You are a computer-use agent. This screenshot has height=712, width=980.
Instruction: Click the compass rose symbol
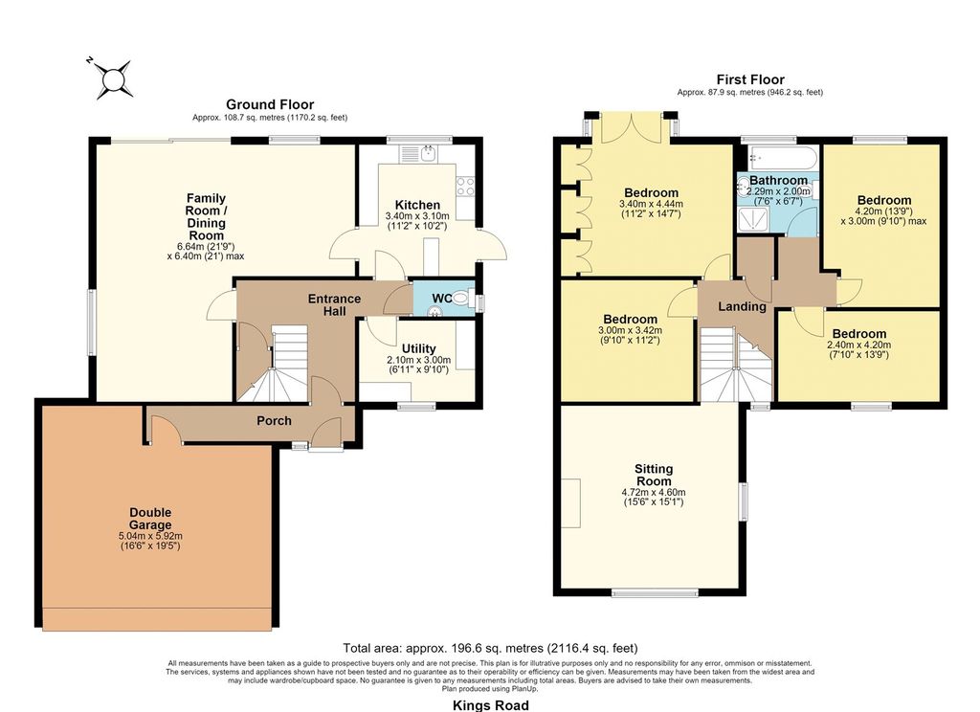tap(115, 79)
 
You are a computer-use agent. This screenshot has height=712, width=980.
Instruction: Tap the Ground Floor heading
tap(270, 104)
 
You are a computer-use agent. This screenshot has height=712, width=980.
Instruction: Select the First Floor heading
tap(750, 79)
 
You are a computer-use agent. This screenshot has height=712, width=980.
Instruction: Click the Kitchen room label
tap(417, 205)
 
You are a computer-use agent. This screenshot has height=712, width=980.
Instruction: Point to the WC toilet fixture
tap(460, 299)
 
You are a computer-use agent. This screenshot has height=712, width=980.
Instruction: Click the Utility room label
tap(419, 348)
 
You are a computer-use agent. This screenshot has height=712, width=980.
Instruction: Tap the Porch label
tap(274, 421)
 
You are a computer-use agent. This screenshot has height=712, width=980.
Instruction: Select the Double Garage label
tap(150, 519)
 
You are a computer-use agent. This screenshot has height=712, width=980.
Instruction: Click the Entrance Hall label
tap(334, 304)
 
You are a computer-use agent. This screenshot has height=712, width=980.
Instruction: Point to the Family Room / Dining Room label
tap(207, 217)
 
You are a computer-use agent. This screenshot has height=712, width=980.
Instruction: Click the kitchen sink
tap(420, 154)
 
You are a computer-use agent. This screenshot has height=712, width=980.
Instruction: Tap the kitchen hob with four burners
tap(465, 186)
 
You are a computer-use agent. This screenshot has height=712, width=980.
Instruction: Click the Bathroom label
tap(778, 181)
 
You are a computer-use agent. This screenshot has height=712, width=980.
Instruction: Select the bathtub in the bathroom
tap(778, 158)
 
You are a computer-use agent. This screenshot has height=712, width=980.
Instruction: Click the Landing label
tap(742, 306)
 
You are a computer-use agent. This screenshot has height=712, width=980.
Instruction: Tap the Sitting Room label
tap(654, 475)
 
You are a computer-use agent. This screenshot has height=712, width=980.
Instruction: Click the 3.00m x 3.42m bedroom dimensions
tap(630, 331)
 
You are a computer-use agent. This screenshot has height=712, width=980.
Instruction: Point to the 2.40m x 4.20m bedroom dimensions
tap(858, 345)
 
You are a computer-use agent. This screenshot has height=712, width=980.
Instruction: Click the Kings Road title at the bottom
tap(491, 705)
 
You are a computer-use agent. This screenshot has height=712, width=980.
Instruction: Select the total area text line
tap(491, 648)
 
